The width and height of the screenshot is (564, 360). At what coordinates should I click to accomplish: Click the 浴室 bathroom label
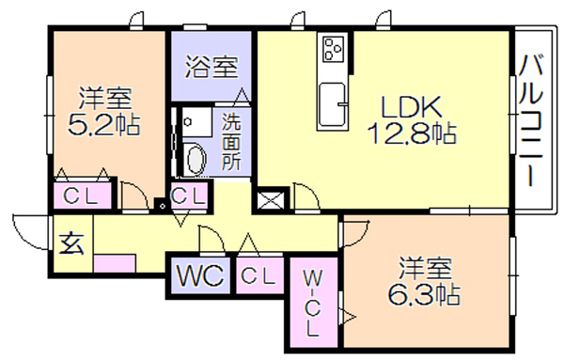coord(211,68)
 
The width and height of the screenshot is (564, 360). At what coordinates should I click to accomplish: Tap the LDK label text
coord(412,107)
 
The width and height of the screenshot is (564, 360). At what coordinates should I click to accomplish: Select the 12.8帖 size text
coord(412,133)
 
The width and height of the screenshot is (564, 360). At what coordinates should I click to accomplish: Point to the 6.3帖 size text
coord(424,294)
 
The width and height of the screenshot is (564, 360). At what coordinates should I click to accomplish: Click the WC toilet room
coord(200,275)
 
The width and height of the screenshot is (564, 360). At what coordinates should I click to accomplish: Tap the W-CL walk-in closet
coord(311,303)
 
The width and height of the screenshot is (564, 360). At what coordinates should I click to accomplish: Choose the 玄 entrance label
coord(71,243)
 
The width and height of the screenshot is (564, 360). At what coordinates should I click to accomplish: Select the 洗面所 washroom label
coord(231,142)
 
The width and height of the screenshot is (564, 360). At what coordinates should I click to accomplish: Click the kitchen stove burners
coord(334,48)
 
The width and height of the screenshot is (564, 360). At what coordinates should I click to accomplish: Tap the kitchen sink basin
coord(333,104)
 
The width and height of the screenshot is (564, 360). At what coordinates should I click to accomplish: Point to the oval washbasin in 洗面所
coord(196,159)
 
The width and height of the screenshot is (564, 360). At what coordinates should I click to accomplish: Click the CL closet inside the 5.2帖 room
coord(83,196)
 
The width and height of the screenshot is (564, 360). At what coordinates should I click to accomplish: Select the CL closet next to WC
coord(259,275)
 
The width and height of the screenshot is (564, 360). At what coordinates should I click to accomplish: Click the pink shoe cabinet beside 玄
coord(115,263)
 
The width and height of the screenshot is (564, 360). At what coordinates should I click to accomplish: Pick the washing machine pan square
coord(196,121)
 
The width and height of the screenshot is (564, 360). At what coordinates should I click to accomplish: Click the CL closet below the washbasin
coord(189,196)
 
